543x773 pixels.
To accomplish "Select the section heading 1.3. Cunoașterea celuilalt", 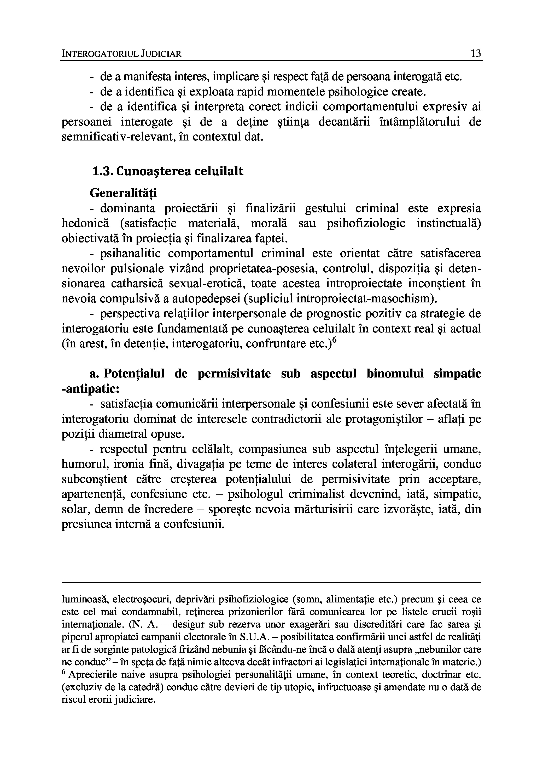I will click(167, 171).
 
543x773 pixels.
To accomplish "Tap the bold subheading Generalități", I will click(123, 193).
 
